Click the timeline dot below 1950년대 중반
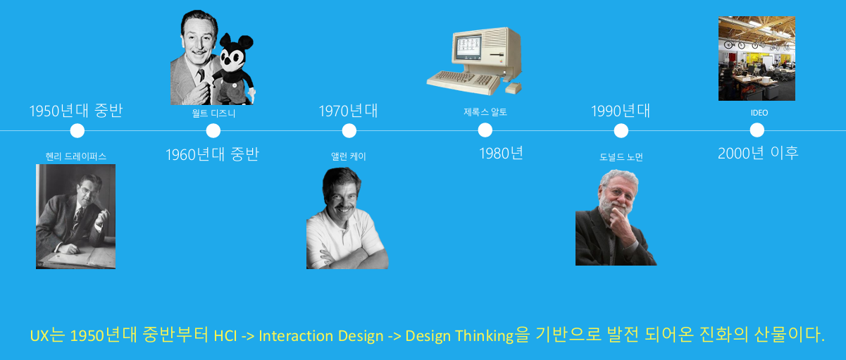77,131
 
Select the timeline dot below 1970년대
349,131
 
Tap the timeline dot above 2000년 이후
757,130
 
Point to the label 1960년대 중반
212,154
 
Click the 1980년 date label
501,154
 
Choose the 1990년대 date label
621,111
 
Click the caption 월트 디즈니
213,113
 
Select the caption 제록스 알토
485,112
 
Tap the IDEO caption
759,113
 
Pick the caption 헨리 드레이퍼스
76,156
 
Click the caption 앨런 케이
349,156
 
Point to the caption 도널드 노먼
621,157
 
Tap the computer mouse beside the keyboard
514,88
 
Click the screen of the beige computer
469,47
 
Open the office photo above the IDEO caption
757,58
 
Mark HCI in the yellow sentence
225,336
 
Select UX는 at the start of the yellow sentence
48,335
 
